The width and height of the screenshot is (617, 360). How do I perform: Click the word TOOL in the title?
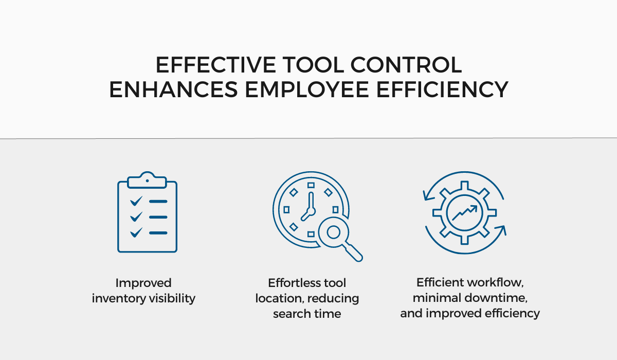click(x=314, y=65)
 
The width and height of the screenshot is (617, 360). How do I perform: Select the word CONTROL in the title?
click(x=406, y=65)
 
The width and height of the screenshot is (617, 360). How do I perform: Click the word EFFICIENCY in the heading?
click(x=442, y=89)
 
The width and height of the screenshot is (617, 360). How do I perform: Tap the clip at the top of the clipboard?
click(x=147, y=180)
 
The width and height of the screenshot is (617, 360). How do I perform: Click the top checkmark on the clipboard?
click(x=136, y=201)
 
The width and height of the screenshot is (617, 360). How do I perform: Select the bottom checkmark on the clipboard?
click(x=136, y=232)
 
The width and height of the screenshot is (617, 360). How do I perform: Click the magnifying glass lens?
click(x=334, y=232)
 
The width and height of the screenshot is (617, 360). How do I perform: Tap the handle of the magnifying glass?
click(x=353, y=252)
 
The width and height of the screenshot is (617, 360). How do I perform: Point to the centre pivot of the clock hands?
click(x=311, y=211)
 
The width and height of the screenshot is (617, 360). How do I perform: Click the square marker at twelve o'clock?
click(x=311, y=185)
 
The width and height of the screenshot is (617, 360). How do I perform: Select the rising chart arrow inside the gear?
click(x=465, y=212)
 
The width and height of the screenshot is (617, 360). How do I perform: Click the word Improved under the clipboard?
click(x=143, y=283)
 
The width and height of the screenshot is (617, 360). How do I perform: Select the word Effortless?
click(x=292, y=283)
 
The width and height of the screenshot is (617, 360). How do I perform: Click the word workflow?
click(x=495, y=282)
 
